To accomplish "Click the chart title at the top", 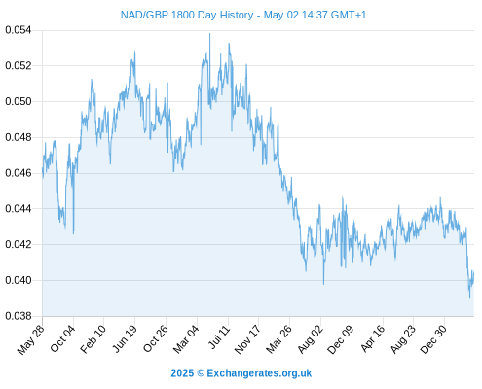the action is [x=243, y=15].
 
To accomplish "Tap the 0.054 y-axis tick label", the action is [x=19, y=30].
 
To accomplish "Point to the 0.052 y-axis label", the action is [x=19, y=66].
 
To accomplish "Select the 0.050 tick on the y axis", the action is [x=19, y=101].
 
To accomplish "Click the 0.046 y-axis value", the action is [x=19, y=173].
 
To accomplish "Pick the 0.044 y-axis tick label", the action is [x=19, y=209].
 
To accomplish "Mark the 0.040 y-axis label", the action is [x=19, y=280].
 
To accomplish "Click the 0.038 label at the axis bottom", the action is [x=19, y=316].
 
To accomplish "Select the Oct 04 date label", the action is [x=62, y=338].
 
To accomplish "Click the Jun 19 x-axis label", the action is [x=124, y=338].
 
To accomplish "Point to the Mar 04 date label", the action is [x=186, y=338].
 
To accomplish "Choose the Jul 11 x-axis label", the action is [x=219, y=336].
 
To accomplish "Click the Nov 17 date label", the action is [x=247, y=338].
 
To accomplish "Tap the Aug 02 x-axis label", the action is [x=311, y=338].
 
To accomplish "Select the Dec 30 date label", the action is [x=433, y=338].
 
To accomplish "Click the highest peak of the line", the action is [x=209, y=33].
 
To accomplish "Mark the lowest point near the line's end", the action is [x=469, y=297].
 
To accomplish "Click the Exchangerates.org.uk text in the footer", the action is [x=259, y=373].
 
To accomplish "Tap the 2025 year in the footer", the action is [x=182, y=373].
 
